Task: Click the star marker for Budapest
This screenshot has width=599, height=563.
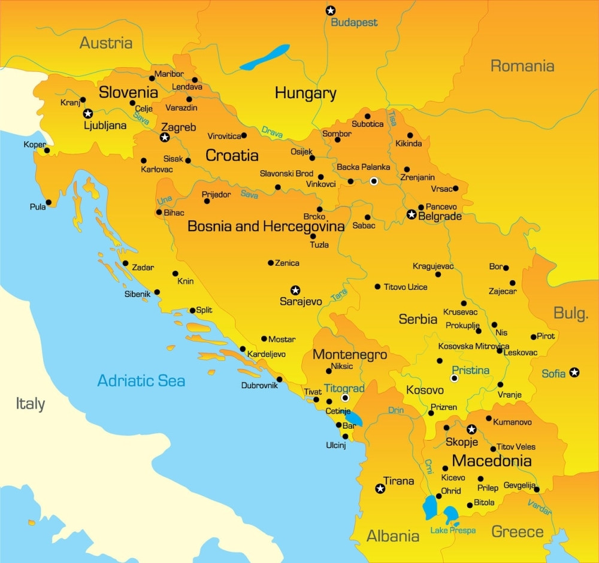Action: click(330, 10)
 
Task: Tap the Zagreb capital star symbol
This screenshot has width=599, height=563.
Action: click(165, 138)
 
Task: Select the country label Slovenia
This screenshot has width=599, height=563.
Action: click(128, 92)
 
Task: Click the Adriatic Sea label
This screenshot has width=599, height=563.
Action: click(141, 381)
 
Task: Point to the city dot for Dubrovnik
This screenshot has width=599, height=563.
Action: click(279, 379)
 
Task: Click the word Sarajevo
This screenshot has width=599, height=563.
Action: click(301, 302)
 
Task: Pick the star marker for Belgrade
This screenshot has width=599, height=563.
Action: click(412, 214)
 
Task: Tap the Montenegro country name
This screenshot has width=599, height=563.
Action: click(350, 355)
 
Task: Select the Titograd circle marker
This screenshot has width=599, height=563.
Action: click(345, 398)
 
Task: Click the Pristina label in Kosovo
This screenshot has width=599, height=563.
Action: click(470, 370)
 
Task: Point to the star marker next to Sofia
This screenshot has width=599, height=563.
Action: click(574, 373)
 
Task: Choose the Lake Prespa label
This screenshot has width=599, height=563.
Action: click(453, 531)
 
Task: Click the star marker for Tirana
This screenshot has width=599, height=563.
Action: click(380, 489)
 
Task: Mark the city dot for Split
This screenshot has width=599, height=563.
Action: click(192, 310)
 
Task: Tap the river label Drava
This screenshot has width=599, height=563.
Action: click(273, 130)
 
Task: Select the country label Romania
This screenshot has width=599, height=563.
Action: click(522, 66)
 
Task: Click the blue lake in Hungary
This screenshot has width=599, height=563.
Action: click(264, 57)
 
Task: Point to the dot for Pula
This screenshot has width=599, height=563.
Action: click(49, 202)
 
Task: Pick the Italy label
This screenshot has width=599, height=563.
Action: click(30, 404)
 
